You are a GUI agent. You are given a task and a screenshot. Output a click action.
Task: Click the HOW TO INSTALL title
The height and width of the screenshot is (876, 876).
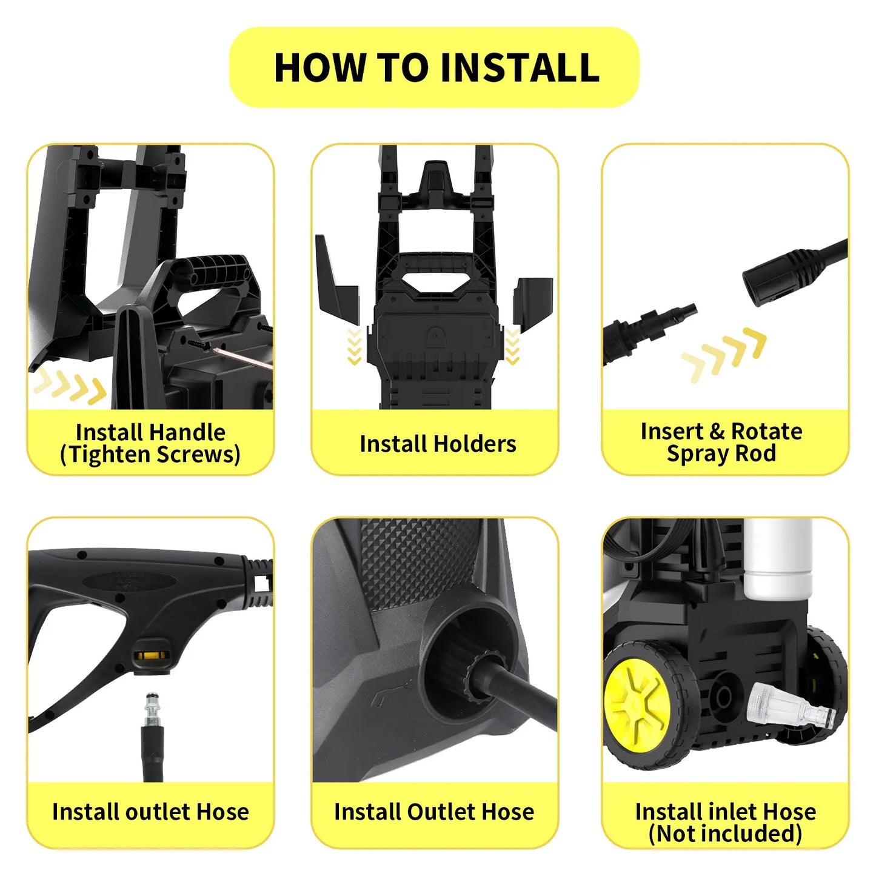pos(436,67)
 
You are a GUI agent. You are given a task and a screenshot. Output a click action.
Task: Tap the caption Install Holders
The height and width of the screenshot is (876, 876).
pos(438,444)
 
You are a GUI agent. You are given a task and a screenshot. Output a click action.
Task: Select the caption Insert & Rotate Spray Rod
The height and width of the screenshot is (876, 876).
pos(721,443)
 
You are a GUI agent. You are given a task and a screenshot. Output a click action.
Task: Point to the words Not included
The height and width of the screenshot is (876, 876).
pos(725,834)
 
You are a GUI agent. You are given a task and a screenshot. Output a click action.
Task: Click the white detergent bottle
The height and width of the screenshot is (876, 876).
pos(778,558)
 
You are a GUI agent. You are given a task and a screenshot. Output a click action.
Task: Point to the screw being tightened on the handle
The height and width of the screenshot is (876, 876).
pos(201,344)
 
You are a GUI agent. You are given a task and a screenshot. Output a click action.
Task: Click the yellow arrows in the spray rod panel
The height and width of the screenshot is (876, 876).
pos(724,354)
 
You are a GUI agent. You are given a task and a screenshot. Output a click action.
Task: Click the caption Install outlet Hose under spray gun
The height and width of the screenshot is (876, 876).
pos(150,812)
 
